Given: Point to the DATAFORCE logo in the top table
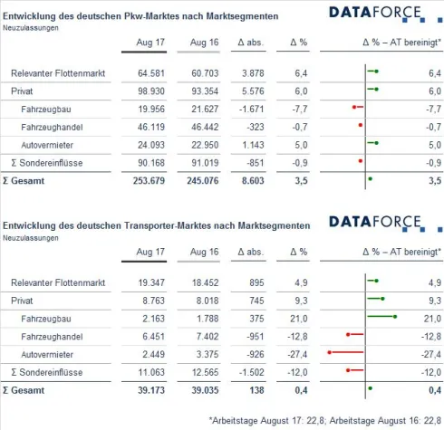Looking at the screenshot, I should (373, 13).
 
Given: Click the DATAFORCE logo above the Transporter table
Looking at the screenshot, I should (373, 222).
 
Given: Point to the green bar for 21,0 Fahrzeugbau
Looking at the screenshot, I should (382, 317).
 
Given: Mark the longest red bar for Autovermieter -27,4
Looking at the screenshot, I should (348, 353).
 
